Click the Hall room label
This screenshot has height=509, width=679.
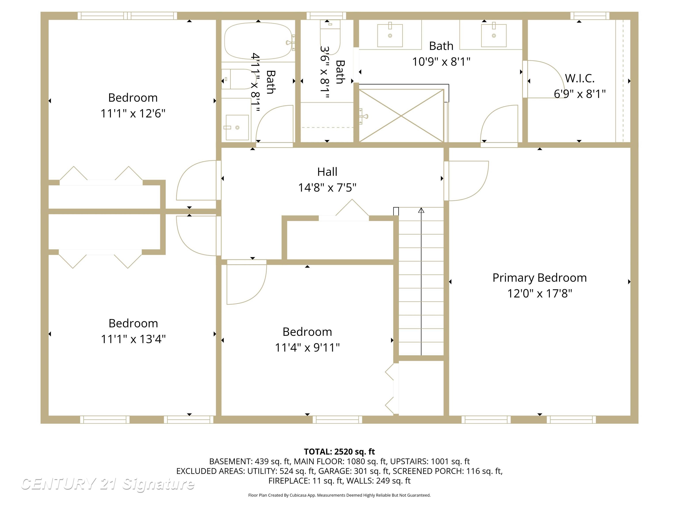(327, 172)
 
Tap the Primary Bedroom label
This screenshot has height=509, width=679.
(540, 278)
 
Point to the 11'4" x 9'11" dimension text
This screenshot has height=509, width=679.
(307, 348)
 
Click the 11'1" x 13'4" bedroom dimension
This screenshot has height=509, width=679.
(133, 339)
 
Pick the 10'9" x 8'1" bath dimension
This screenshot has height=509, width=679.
(441, 62)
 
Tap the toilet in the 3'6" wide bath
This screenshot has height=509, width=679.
(330, 37)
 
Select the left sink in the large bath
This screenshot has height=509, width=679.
(390, 35)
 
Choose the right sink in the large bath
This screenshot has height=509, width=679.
(494, 35)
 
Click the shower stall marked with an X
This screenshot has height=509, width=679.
(402, 116)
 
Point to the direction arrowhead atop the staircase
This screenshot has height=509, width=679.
(421, 210)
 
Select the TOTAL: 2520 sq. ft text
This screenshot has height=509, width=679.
(339, 452)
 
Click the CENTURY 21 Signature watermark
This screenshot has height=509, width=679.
(107, 484)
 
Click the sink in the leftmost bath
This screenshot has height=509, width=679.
(237, 127)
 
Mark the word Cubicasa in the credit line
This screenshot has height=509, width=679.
(297, 495)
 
